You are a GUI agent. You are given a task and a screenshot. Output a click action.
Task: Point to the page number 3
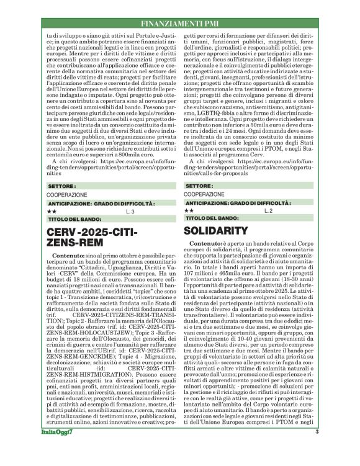pos(317,450)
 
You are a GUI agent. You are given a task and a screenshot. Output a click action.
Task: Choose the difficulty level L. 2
pos(268,212)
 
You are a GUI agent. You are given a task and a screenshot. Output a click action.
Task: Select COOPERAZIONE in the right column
pos(205,194)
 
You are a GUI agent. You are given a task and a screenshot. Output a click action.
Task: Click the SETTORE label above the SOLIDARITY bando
pos(200,186)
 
